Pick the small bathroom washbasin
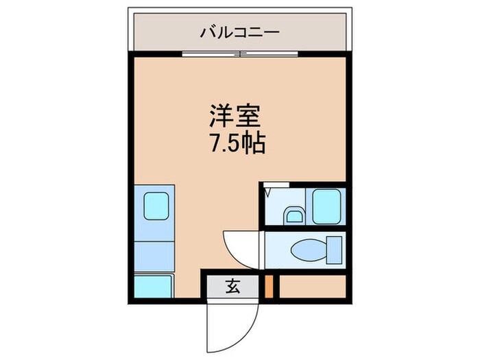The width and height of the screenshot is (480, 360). click(x=293, y=216)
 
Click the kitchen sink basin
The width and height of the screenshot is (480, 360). click(x=156, y=204)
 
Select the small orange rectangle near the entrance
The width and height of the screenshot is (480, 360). click(x=269, y=286)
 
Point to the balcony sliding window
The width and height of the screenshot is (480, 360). click(x=239, y=54)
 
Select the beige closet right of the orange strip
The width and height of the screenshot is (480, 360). click(x=312, y=286)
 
